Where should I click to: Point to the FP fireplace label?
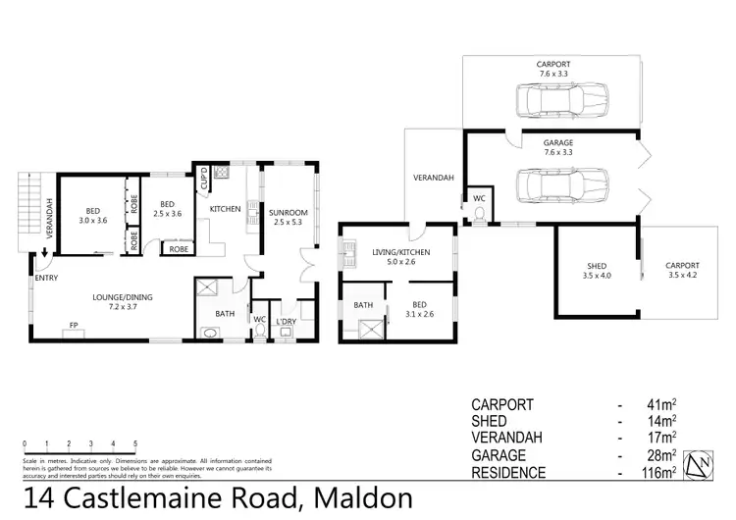[73, 325]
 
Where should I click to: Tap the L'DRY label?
[287, 321]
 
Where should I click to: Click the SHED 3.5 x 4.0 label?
[597, 271]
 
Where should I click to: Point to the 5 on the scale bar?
[135, 443]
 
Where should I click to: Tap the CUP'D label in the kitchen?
[203, 179]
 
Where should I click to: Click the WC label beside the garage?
[479, 198]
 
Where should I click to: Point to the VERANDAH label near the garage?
[433, 178]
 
